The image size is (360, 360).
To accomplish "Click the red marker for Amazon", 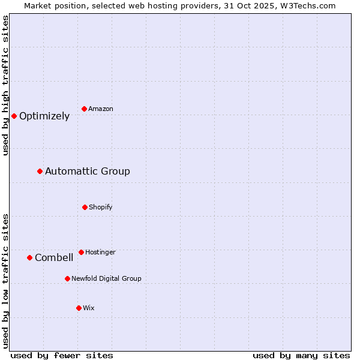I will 85,109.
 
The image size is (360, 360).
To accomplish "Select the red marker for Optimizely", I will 14,116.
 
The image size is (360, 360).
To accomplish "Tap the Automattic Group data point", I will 40,172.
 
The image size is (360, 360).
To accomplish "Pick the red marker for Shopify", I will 85,207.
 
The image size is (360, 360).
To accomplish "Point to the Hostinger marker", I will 81,252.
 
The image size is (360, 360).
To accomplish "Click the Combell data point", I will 29,257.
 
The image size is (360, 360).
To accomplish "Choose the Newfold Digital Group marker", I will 67,278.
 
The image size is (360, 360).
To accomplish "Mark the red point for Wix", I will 79,308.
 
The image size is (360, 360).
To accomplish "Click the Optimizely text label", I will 44,116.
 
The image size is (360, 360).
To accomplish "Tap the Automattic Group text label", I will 88,172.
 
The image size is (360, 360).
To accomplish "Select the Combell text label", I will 54,258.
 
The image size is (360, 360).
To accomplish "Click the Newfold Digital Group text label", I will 106,278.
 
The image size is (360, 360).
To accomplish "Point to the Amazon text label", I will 101,109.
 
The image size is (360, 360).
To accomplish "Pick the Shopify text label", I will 101,207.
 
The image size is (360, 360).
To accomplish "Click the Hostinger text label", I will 100,252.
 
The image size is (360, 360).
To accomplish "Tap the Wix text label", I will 89,308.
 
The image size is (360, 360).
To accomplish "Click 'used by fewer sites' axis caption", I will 62,355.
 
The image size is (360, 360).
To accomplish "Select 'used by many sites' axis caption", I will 301,355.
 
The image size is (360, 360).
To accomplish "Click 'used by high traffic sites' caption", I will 5,85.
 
